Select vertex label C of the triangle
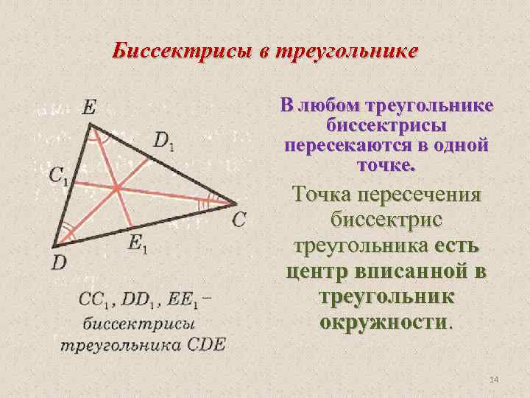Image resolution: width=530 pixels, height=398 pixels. (x=239, y=219)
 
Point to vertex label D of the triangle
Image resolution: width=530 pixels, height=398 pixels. (x=59, y=262)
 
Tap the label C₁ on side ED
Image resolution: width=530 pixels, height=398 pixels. (x=59, y=175)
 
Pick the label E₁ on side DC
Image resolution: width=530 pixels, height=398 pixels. (x=137, y=244)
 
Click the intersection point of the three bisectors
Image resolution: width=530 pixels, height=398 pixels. (x=116, y=189)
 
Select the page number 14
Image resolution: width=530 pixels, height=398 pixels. (x=493, y=379)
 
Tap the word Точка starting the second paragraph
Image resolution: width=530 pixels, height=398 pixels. (x=322, y=195)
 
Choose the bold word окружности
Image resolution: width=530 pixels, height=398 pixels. (x=383, y=323)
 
